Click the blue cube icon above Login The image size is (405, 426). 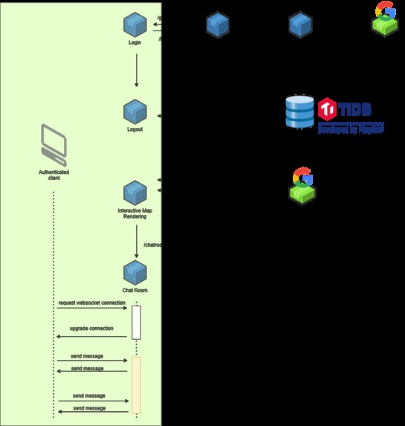pos(136,25)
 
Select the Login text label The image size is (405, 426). pos(136,43)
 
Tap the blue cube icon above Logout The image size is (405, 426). pos(136,112)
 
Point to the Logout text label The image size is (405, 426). pos(136,129)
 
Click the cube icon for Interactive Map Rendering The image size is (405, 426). pos(135,193)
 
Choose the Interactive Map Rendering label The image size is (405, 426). pos(135,214)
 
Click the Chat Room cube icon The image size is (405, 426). pos(135,272)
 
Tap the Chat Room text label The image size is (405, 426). pos(135,290)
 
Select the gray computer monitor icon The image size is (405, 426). pos(54,145)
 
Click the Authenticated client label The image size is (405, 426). pos(54,175)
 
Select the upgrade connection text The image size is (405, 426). pos(91,329)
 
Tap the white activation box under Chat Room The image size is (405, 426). pos(136,322)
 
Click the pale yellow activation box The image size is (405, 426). pos(136,384)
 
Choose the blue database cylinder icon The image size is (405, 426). pos(299,112)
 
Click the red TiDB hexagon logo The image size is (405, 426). pos(328,109)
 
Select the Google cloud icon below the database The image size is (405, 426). pos(302,186)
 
